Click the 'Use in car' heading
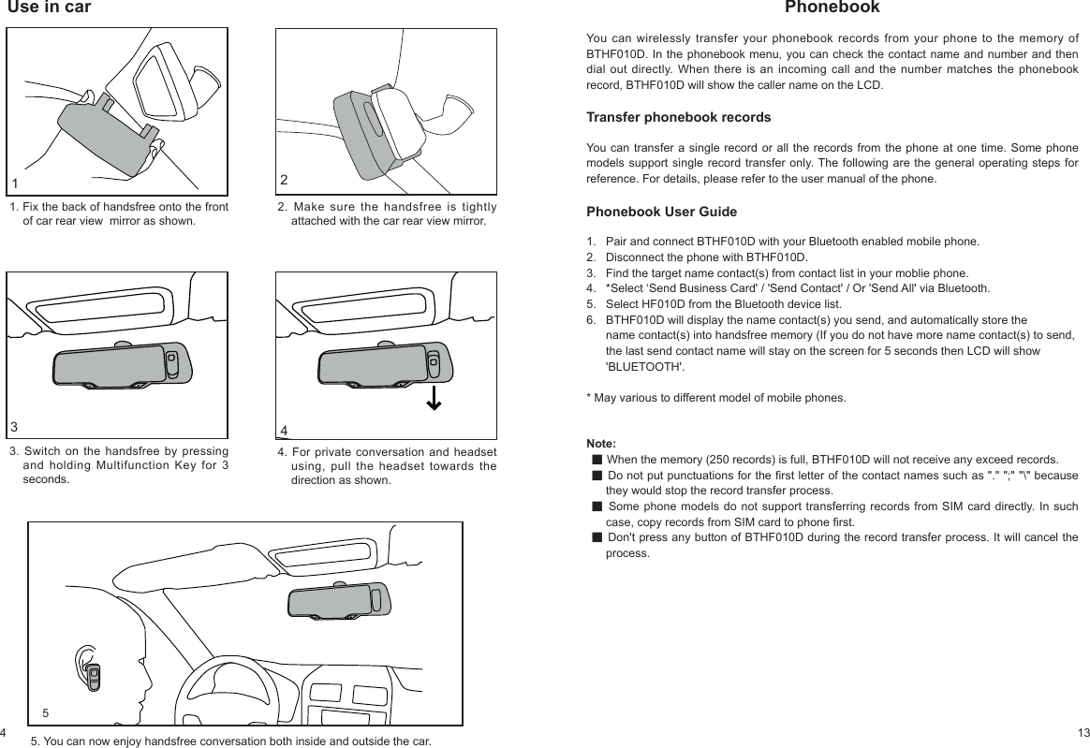(49, 8)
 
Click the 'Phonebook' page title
(832, 8)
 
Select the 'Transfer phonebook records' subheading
(678, 118)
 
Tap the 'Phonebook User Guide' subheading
(661, 212)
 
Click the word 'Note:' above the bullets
(600, 443)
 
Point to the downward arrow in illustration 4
(434, 398)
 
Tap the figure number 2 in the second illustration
(284, 179)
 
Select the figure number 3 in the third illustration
(14, 427)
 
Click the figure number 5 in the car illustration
(45, 713)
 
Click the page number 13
(1083, 730)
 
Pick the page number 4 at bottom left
(4, 730)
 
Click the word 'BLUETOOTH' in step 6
(644, 366)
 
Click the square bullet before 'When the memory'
(597, 460)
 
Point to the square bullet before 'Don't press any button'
(597, 537)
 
